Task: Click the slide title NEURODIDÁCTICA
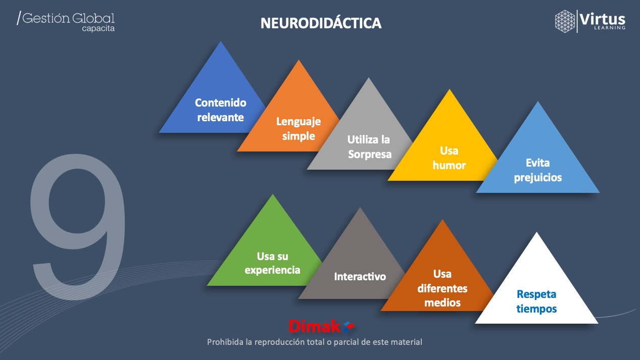(x=321, y=23)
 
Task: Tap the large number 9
(x=78, y=222)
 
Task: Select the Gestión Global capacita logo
(x=66, y=21)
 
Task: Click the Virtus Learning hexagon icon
(x=565, y=21)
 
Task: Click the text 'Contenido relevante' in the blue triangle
(x=220, y=110)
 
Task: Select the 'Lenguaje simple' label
(x=299, y=129)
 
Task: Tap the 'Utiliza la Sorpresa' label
(x=369, y=147)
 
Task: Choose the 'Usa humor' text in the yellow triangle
(x=449, y=158)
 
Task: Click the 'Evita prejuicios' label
(x=537, y=171)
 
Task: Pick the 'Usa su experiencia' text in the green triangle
(x=272, y=263)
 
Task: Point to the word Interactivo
(x=360, y=277)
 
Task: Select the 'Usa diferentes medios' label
(x=442, y=288)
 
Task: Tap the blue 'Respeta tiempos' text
(x=536, y=301)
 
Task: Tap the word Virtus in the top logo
(x=603, y=19)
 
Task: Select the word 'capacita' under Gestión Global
(x=98, y=29)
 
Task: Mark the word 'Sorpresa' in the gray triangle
(x=370, y=154)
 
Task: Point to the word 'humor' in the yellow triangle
(x=449, y=165)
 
